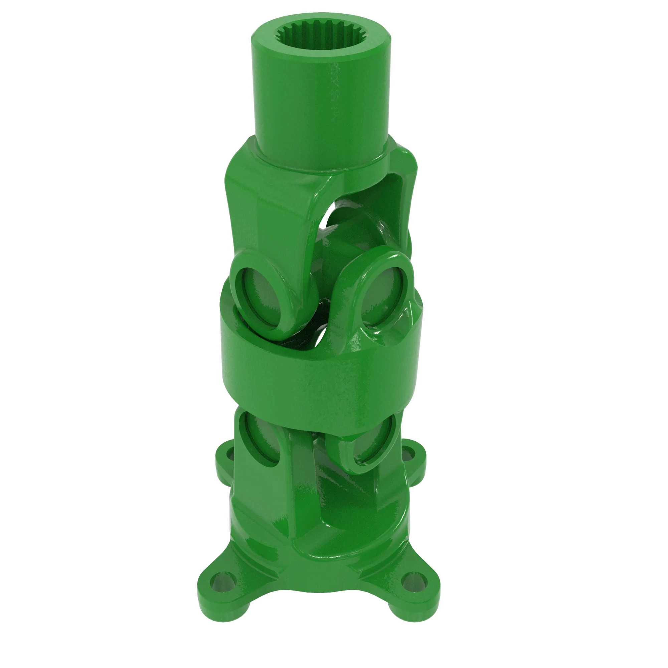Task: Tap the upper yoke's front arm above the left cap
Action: [273, 214]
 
